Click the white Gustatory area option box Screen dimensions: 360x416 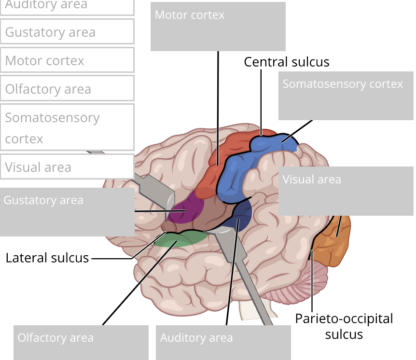(x=67, y=32)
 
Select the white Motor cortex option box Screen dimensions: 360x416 (x=67, y=61)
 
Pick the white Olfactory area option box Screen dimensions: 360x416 (x=67, y=89)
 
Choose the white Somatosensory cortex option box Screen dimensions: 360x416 (x=67, y=127)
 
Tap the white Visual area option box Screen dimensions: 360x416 (x=67, y=167)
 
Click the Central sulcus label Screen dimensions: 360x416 (x=286, y=62)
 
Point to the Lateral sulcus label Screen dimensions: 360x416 (x=47, y=258)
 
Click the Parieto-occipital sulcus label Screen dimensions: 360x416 (x=344, y=326)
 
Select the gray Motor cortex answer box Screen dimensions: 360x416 (x=218, y=27)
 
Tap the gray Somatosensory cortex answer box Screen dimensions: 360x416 (x=346, y=96)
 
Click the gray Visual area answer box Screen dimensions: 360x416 (x=346, y=191)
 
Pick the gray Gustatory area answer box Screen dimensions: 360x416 (x=67, y=212)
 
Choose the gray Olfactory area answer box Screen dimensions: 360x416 (x=81, y=342)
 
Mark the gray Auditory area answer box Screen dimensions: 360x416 (x=223, y=342)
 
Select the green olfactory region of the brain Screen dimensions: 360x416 (x=174, y=239)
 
